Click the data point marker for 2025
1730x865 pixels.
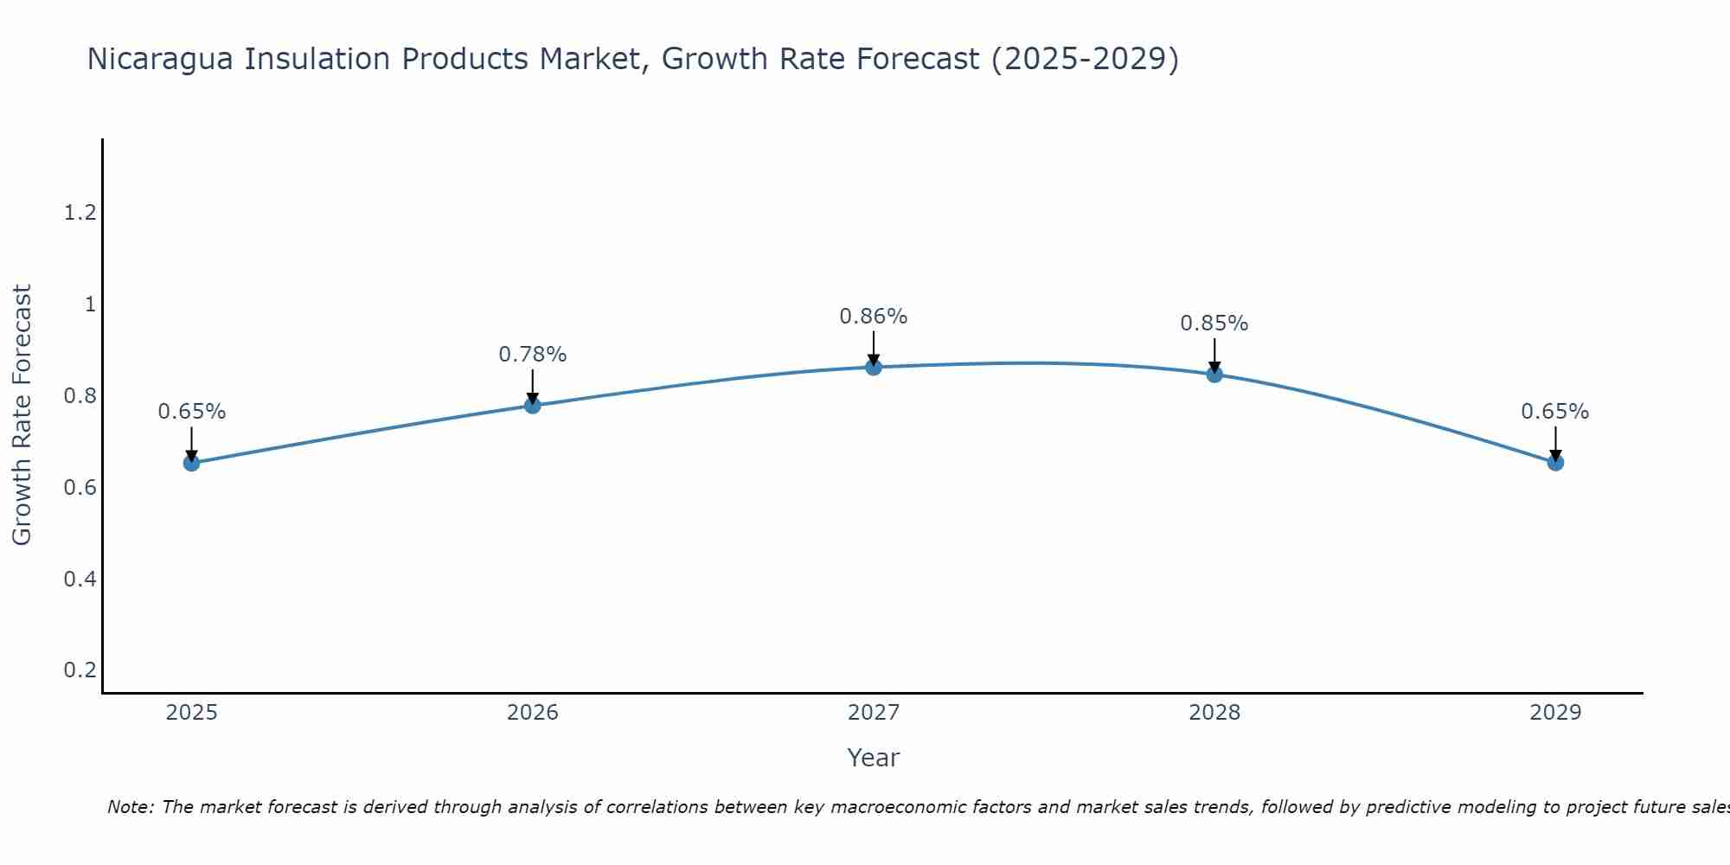(x=191, y=463)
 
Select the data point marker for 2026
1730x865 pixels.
(x=532, y=405)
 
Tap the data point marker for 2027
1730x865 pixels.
(x=874, y=367)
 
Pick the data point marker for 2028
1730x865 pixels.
(x=1214, y=374)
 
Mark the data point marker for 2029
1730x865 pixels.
(x=1555, y=463)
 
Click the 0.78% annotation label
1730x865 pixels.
(x=532, y=355)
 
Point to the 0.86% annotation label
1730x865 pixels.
(x=874, y=317)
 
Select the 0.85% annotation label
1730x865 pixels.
(x=1214, y=324)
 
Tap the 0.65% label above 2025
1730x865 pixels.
(x=191, y=412)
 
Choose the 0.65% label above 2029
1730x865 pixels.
(x=1555, y=412)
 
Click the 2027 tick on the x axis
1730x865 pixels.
(x=874, y=713)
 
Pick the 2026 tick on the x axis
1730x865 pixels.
(x=532, y=713)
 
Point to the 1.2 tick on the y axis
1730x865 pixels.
(x=80, y=213)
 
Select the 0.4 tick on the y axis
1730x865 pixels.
(x=80, y=579)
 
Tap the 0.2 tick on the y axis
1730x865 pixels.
(x=80, y=670)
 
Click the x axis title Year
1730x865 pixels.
(x=874, y=758)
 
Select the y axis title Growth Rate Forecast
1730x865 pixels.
(x=22, y=415)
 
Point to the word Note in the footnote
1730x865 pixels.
(x=131, y=807)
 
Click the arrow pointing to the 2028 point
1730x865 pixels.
(x=1214, y=355)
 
